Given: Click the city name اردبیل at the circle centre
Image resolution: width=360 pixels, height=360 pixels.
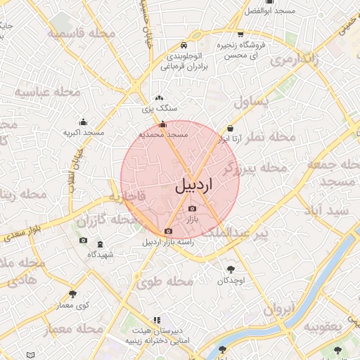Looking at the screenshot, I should pyautogui.click(x=192, y=186).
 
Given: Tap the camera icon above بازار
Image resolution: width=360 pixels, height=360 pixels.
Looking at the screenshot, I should pyautogui.click(x=193, y=209).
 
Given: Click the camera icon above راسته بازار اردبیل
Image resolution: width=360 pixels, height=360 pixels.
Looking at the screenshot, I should pyautogui.click(x=168, y=231).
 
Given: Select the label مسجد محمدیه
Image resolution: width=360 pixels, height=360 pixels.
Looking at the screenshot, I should pyautogui.click(x=163, y=134).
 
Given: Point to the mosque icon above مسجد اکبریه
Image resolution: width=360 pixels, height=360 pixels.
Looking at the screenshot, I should pyautogui.click(x=84, y=122).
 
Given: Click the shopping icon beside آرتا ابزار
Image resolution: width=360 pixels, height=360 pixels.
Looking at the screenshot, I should pyautogui.click(x=231, y=128).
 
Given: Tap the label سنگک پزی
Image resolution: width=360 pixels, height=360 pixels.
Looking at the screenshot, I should pyautogui.click(x=159, y=109).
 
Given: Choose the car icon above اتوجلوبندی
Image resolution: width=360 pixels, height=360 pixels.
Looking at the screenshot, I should pyautogui.click(x=184, y=43).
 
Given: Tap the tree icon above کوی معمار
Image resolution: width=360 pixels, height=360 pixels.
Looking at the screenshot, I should pyautogui.click(x=72, y=294).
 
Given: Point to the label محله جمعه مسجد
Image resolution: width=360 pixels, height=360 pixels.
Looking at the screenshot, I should pyautogui.click(x=330, y=173).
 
